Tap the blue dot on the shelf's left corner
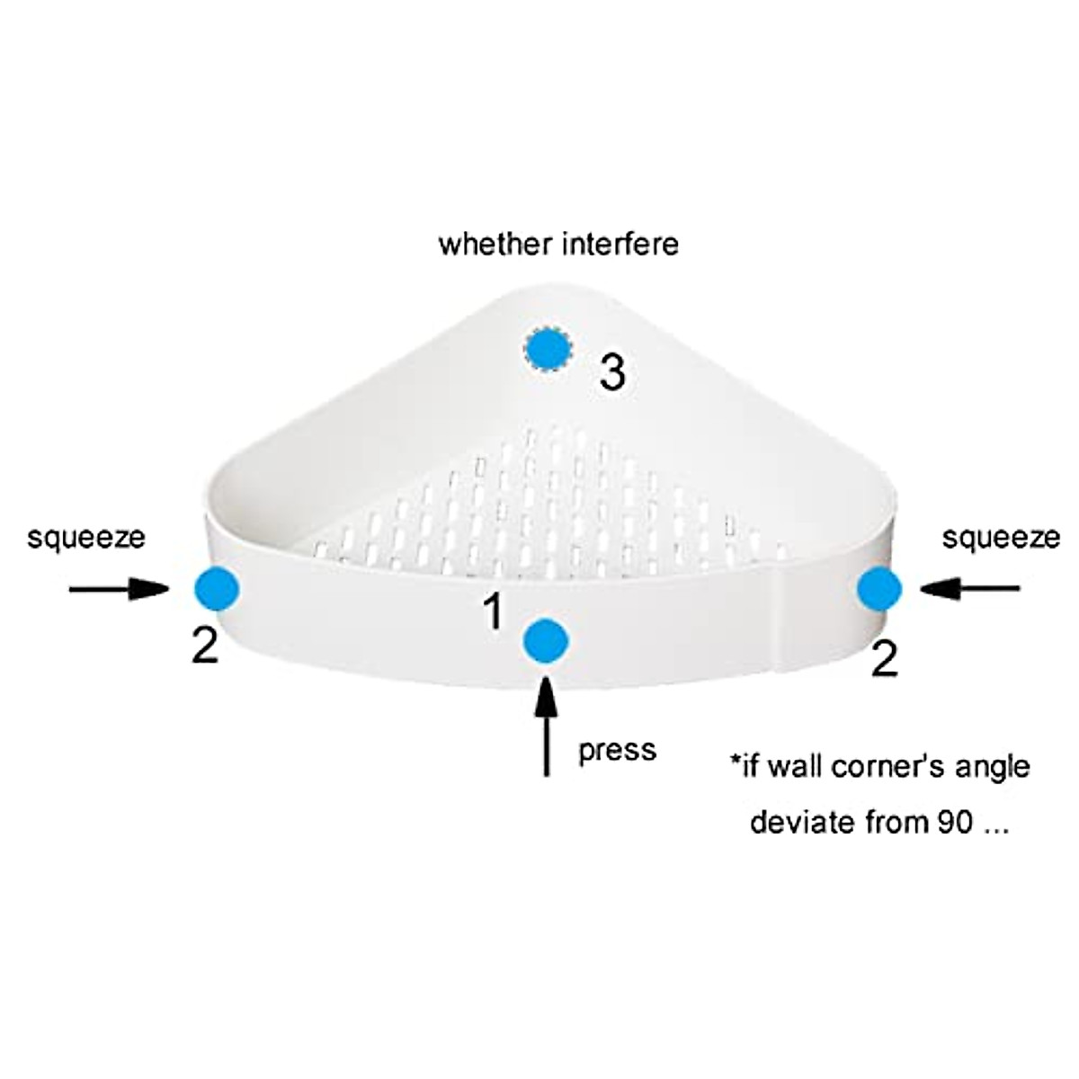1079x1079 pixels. pos(217,590)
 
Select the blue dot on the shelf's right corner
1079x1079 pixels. pos(879,590)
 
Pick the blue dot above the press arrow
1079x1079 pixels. pos(546,642)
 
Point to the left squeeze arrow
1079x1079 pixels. pos(118,589)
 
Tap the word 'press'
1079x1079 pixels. pos(617,750)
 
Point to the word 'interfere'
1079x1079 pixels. pos(620,244)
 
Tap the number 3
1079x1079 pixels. pos(612,371)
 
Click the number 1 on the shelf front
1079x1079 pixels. pos(493,612)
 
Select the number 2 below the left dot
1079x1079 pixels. pos(205,645)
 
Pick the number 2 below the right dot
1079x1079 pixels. pos(885,660)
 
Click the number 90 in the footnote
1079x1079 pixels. pos(955,822)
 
